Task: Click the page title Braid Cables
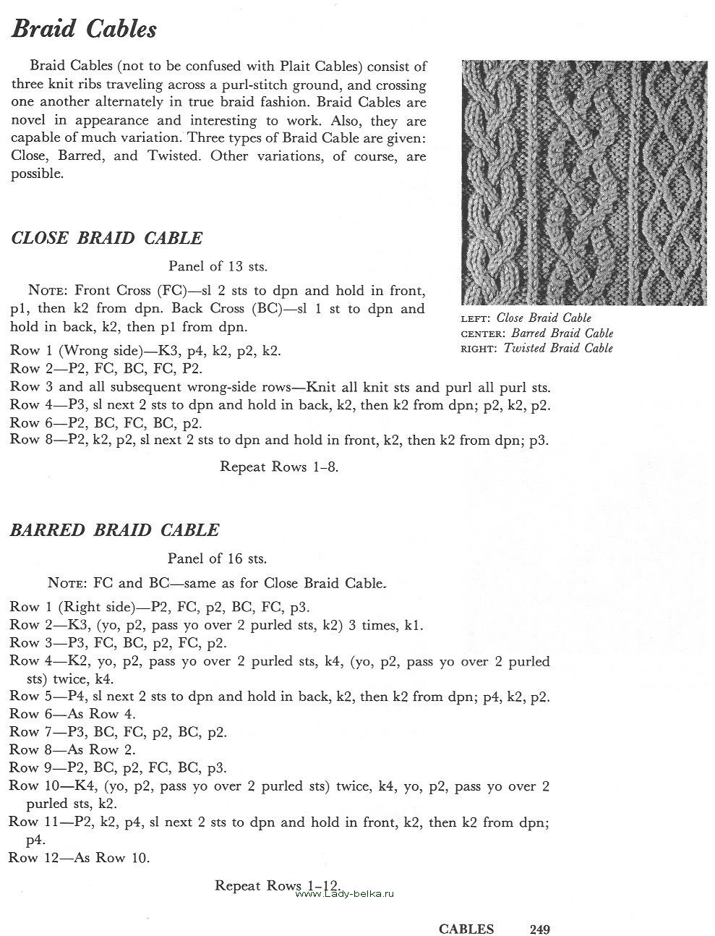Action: (84, 30)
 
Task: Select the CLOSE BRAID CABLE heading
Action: (107, 238)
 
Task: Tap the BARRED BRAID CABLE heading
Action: (114, 529)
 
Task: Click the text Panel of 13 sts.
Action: (218, 266)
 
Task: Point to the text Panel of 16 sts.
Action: (217, 558)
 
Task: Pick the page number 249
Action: (540, 929)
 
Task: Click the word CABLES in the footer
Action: (466, 929)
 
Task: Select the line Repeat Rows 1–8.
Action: (279, 467)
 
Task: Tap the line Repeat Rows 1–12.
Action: (278, 885)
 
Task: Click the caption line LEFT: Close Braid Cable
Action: (526, 318)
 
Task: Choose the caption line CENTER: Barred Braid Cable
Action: (536, 333)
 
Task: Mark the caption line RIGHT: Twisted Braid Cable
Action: (536, 348)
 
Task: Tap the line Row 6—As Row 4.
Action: (72, 714)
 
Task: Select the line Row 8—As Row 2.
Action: (72, 750)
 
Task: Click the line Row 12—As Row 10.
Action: (79, 858)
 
